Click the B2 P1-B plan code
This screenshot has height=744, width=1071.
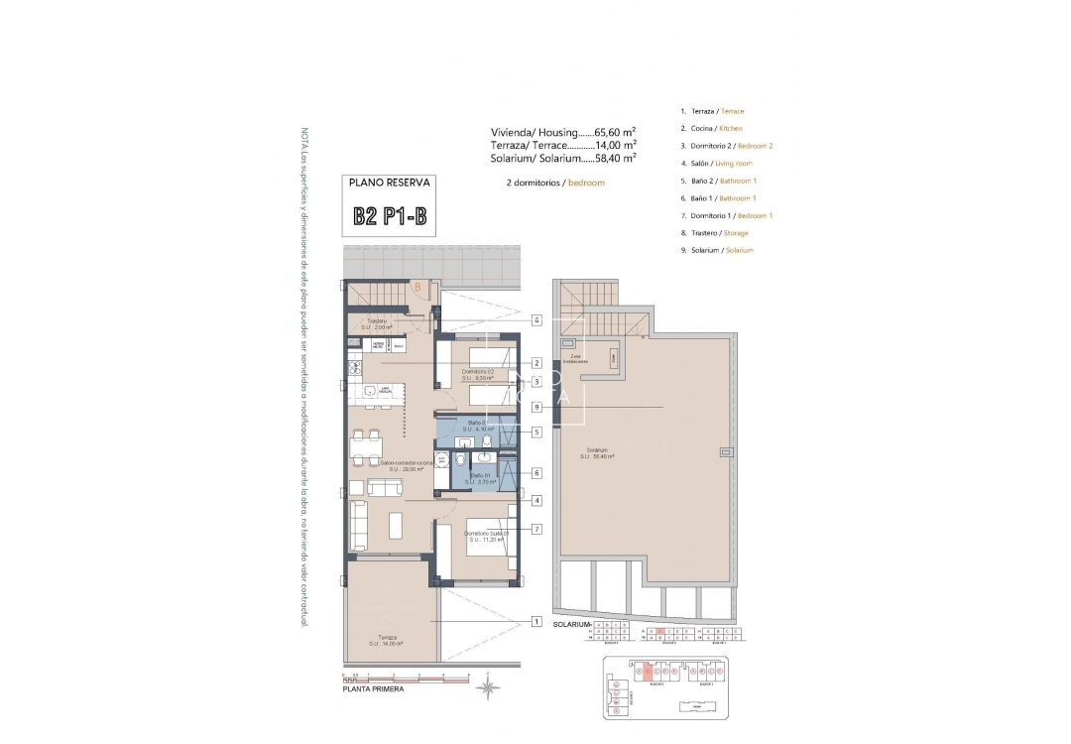(390, 217)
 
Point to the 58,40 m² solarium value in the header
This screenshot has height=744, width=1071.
(615, 157)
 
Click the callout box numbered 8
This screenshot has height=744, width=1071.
(535, 320)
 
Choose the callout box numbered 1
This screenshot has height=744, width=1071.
(535, 622)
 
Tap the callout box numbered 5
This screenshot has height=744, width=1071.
(535, 432)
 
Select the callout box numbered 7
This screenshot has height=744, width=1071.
(535, 529)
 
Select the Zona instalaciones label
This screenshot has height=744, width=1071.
(575, 358)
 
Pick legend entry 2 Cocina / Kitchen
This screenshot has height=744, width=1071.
(711, 129)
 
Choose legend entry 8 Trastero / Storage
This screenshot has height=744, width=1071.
(714, 233)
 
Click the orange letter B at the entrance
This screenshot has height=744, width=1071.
(418, 288)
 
